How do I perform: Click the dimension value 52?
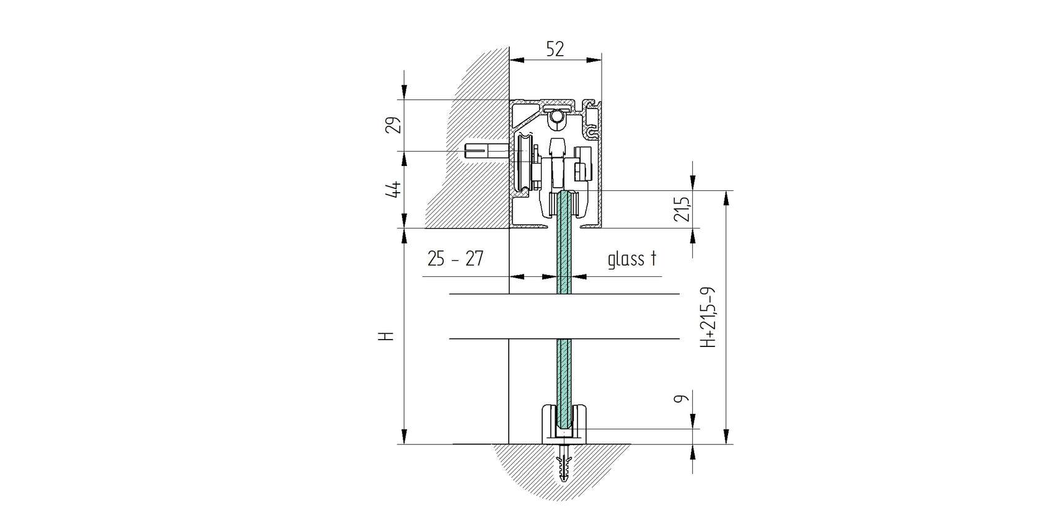click(555, 49)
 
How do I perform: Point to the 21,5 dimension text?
click(682, 209)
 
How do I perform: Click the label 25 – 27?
click(455, 259)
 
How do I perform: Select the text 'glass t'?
click(631, 259)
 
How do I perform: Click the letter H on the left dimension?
click(387, 336)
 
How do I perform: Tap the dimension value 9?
click(682, 400)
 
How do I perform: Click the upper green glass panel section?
click(564, 260)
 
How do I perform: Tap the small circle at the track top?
click(559, 116)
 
